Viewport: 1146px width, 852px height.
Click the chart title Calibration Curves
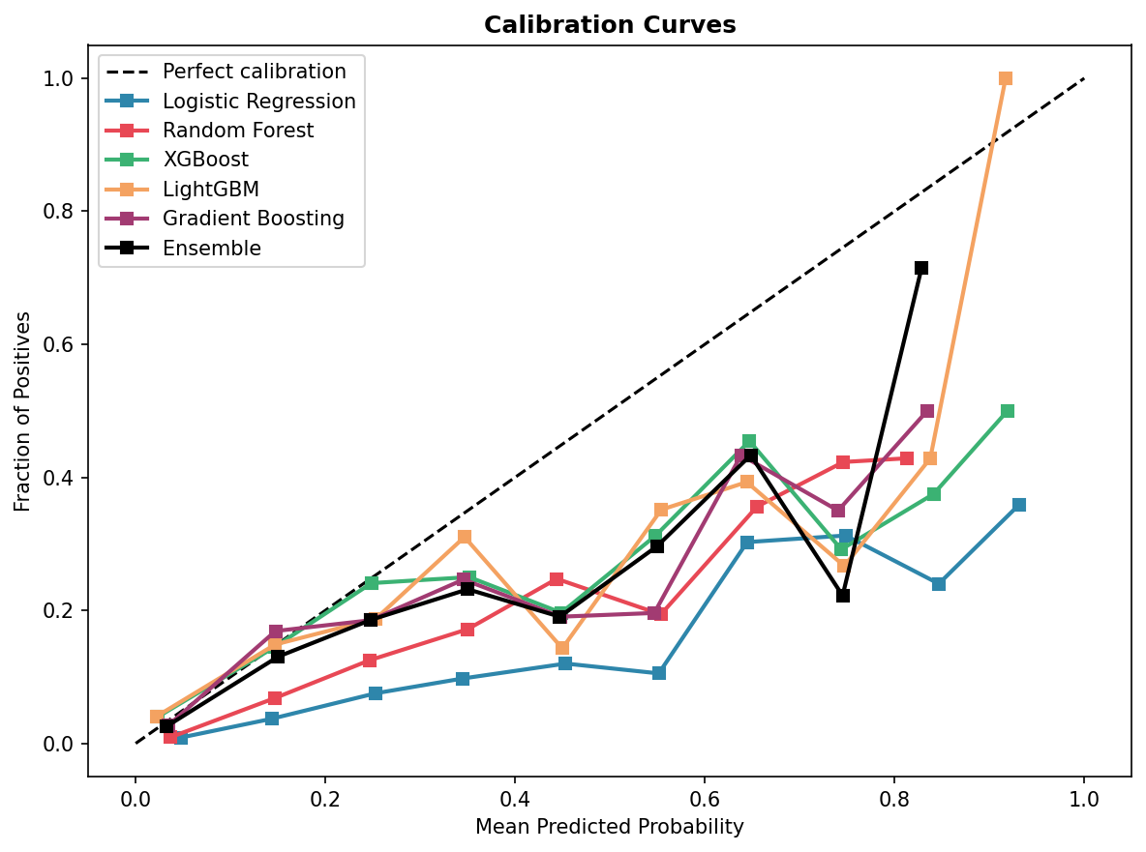610,25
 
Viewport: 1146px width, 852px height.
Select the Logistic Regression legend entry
258,102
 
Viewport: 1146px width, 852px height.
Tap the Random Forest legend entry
237,131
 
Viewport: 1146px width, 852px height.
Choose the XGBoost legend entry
205,160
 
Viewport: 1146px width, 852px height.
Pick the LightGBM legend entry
210,190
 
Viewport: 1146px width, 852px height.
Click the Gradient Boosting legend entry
253,219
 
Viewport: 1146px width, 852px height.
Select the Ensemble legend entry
211,249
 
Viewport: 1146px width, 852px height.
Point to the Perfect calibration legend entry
254,72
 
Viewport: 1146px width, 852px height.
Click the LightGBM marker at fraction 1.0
1006,78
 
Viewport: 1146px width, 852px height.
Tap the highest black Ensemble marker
921,268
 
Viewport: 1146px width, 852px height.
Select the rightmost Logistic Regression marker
1019,505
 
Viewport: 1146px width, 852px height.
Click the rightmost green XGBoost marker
1008,411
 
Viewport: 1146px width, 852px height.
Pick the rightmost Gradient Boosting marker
927,411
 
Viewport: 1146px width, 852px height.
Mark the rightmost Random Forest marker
907,458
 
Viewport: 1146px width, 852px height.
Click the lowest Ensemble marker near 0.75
843,596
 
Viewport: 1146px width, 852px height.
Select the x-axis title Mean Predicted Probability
610,827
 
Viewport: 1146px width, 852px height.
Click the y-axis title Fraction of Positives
23,411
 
